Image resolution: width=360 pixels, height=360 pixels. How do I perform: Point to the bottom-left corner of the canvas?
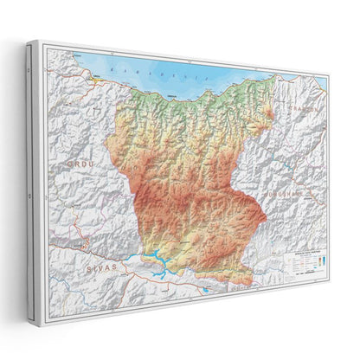point(30,321)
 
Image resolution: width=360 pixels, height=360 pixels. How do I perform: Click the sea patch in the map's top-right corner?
point(322,84)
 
